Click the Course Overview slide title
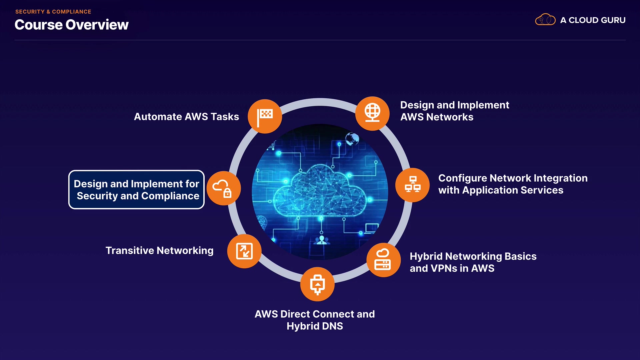tap(71, 25)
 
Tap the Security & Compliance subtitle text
tap(53, 12)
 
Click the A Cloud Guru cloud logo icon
tap(545, 20)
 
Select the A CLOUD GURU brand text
tap(593, 20)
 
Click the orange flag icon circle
tap(265, 116)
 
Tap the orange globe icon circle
tap(372, 113)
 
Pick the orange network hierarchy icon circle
tap(413, 185)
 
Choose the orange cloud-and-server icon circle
tap(383, 260)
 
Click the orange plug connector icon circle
tap(317, 284)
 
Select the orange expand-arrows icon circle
tap(244, 251)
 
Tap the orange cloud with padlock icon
tap(224, 188)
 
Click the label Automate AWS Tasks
tap(186, 117)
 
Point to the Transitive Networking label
tap(159, 251)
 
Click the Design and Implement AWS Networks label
tap(454, 111)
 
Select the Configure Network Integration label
tap(513, 184)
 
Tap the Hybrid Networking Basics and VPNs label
tap(473, 262)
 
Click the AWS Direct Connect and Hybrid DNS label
tap(315, 320)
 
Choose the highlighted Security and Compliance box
tap(136, 190)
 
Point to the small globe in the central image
tap(352, 139)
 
